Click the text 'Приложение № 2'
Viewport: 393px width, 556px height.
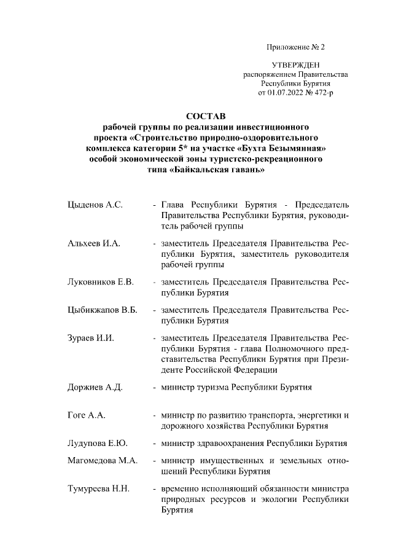pos(295,47)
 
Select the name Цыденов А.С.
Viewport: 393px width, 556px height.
pos(95,205)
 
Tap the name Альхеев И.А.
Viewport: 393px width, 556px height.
pos(94,244)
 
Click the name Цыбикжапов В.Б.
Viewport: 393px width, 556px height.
pos(102,310)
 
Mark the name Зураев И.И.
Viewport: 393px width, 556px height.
pos(91,338)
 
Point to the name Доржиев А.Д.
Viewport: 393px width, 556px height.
pos(95,388)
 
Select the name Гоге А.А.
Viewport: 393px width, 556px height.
pos(87,416)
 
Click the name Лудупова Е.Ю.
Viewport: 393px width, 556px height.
pos(98,444)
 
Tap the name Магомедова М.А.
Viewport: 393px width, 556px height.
pos(103,461)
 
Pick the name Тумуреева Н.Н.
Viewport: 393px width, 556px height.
pos(98,488)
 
